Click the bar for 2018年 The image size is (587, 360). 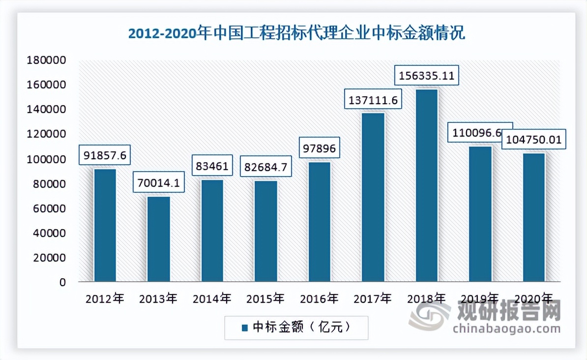point(426,185)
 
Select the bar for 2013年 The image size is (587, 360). point(158,239)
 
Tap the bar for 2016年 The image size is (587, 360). point(319,222)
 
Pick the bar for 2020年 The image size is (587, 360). point(533,217)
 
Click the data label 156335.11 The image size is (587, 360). point(427,76)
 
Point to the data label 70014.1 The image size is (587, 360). point(158,183)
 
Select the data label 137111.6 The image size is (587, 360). point(373,100)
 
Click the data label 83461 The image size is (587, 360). point(211,166)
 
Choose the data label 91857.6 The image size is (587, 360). point(105,155)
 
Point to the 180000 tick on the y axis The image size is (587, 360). point(48,60)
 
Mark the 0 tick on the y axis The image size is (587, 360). point(62,283)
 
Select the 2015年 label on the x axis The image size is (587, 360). point(265,298)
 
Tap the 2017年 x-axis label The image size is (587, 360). point(373,298)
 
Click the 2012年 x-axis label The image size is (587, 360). point(105,298)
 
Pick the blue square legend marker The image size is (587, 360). point(244,328)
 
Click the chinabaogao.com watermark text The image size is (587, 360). point(506,329)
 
